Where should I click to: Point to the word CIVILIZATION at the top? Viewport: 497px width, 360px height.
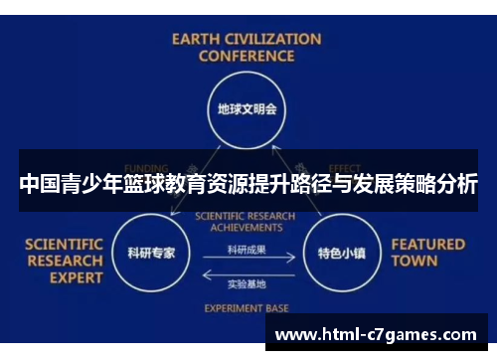272,40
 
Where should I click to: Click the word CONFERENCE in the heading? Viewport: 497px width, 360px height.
247,57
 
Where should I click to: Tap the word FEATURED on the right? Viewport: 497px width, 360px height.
427,244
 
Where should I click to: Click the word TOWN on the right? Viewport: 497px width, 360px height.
414,262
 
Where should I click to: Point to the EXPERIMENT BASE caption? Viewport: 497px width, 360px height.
247,308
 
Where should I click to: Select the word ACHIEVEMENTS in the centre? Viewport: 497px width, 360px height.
247,226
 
